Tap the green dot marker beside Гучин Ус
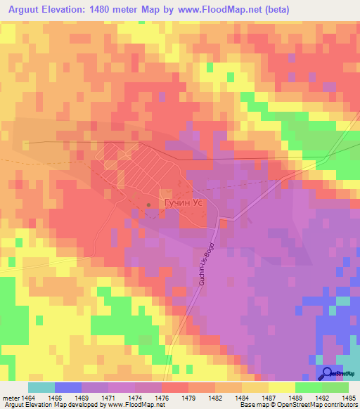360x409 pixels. pyautogui.click(x=148, y=205)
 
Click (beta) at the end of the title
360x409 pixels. pyautogui.click(x=274, y=10)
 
